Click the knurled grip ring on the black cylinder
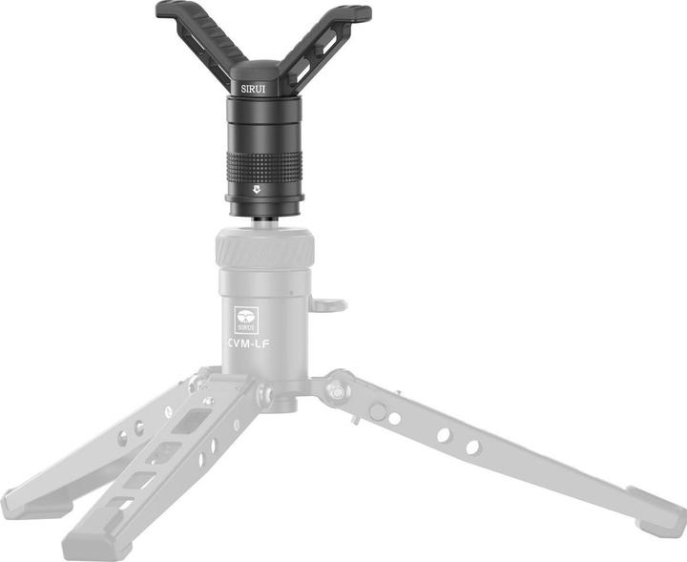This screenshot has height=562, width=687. [263, 168]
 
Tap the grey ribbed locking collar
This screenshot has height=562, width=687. [262, 251]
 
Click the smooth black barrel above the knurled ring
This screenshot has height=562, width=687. [263, 124]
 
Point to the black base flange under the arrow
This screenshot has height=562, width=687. [263, 203]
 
